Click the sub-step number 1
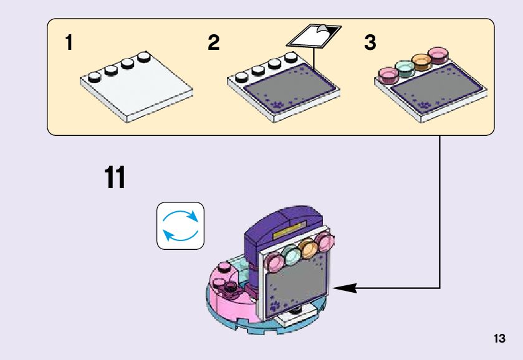click(x=69, y=44)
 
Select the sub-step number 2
click(x=214, y=44)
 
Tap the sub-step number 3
click(x=370, y=44)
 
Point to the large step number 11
click(x=115, y=178)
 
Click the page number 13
click(x=499, y=339)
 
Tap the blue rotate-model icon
click(x=180, y=225)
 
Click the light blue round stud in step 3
click(x=405, y=69)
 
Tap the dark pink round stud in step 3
click(x=439, y=55)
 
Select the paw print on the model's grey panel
click(x=275, y=306)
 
